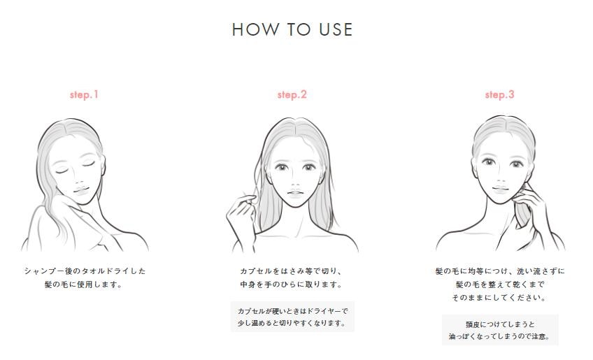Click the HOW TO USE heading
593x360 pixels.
click(292, 29)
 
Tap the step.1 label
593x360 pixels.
click(84, 94)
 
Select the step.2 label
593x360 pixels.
click(292, 94)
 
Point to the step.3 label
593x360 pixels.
click(499, 94)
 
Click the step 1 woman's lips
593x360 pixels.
click(81, 188)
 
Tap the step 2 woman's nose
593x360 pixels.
click(294, 182)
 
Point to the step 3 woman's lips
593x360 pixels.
click(500, 188)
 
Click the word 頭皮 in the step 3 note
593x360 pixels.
click(472, 324)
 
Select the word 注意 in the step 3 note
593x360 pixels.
click(538, 336)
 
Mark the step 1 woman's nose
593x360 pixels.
click(77, 178)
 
